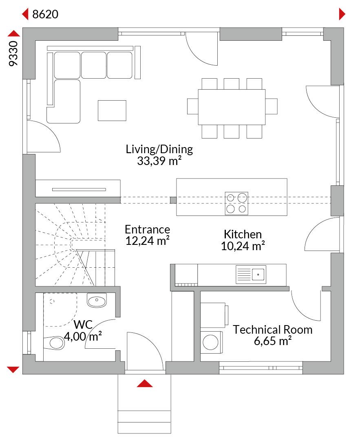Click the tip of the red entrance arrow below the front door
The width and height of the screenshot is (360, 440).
point(145,380)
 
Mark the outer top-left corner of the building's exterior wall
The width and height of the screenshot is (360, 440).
point(23,28)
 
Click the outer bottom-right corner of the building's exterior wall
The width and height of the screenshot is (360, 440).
point(344,374)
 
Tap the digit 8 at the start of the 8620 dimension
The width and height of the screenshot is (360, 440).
point(35,14)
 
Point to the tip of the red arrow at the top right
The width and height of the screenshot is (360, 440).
point(345,14)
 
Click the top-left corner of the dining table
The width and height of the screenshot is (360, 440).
point(198,90)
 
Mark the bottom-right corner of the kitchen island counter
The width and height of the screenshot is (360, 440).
point(287,216)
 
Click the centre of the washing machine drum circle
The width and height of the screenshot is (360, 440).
point(211,342)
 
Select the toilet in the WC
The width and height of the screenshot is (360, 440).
point(54,343)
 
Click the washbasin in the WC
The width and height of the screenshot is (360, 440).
point(97,300)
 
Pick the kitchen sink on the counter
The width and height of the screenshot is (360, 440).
point(251,274)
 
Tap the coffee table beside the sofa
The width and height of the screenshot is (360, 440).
point(112,110)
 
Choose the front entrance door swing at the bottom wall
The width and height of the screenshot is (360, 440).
point(145,351)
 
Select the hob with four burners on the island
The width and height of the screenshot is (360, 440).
point(236,203)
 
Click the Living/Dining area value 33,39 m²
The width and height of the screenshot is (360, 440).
point(159,161)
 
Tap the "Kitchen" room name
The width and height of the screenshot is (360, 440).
point(243,234)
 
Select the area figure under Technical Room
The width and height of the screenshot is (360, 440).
point(273,341)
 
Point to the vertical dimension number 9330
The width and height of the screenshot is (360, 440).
point(13,53)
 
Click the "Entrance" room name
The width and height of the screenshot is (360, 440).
point(148,229)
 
